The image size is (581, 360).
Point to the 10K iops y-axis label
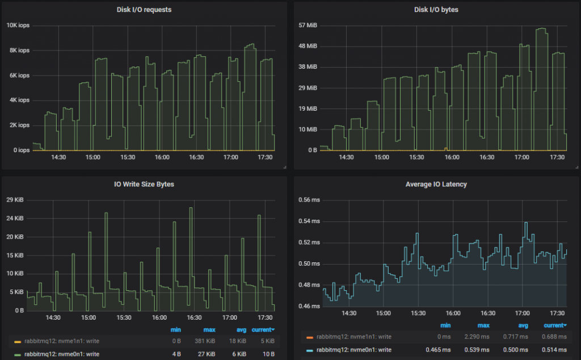point(18,25)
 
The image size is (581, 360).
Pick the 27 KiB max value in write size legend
point(210,353)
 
